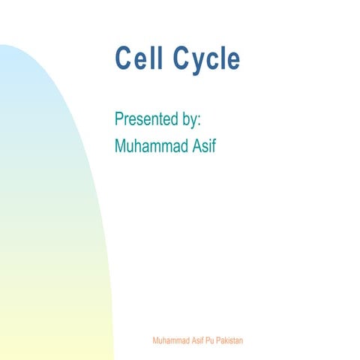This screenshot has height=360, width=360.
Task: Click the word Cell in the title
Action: (138, 58)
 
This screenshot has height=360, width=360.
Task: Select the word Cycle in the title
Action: (205, 58)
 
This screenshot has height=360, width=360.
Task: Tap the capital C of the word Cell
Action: (123, 58)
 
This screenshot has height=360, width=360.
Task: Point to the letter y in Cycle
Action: (193, 61)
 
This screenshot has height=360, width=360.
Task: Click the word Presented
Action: (148, 119)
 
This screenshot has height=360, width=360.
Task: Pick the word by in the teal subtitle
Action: (190, 120)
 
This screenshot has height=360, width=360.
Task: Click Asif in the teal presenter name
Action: (203, 145)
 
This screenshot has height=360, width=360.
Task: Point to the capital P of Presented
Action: (119, 119)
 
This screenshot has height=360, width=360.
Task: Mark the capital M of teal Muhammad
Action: (121, 145)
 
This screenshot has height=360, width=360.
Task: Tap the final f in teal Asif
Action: (213, 145)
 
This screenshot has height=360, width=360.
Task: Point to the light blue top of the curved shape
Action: (15, 67)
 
